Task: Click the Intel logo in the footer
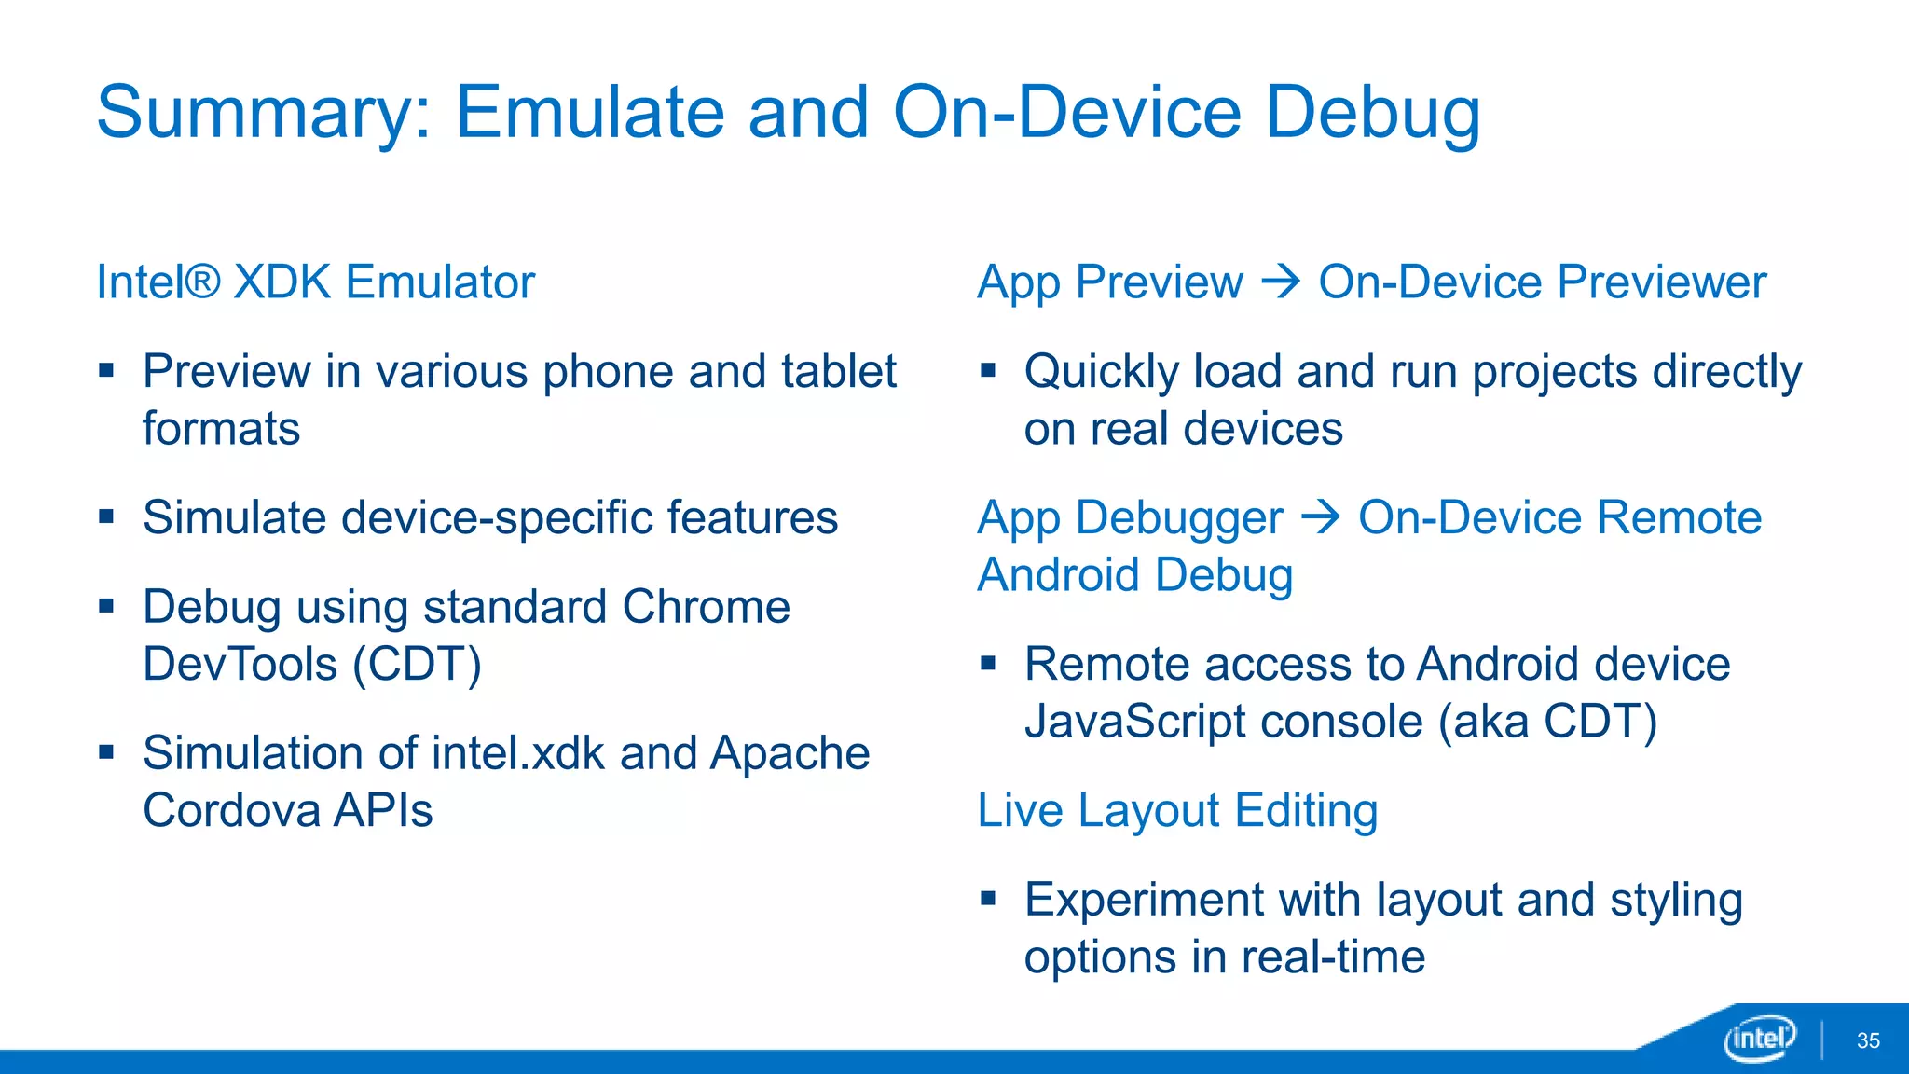[x=1759, y=1038]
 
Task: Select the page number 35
[x=1868, y=1040]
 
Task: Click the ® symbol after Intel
[x=202, y=281]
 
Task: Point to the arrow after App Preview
[x=1281, y=281]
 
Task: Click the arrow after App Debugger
[x=1320, y=516]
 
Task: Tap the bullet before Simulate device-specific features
[x=106, y=516]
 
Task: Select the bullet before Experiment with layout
[x=988, y=898]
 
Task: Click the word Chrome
[x=706, y=607]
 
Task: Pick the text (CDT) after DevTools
[x=417, y=665]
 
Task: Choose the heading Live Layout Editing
[x=1176, y=810]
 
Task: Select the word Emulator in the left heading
[x=440, y=282]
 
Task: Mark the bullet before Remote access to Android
[x=988, y=663]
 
